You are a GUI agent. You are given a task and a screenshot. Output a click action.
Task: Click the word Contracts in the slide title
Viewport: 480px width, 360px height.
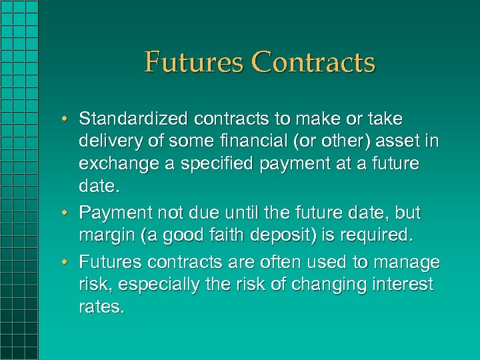pos(313,63)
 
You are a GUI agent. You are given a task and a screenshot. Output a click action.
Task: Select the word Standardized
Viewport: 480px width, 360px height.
pos(134,119)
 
